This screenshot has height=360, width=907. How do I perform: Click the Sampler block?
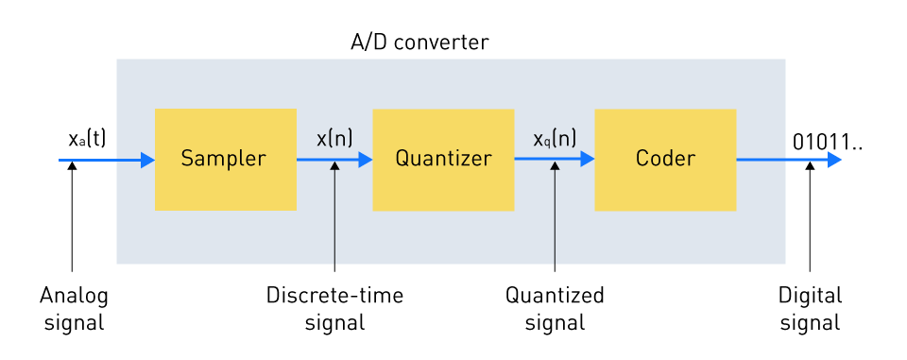[x=225, y=159]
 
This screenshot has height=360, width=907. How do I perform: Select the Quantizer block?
[x=443, y=159]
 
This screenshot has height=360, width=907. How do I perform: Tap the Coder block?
[x=665, y=159]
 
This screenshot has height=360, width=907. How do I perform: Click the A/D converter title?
[x=419, y=43]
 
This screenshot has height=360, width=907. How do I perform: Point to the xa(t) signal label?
[x=87, y=138]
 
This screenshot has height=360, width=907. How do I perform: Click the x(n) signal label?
[x=334, y=138]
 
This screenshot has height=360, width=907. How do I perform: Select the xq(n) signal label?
[x=555, y=138]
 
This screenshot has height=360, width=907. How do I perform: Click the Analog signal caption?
[x=74, y=308]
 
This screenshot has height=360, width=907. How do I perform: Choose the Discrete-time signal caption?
[x=334, y=308]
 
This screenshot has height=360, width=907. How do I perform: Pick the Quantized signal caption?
[x=555, y=308]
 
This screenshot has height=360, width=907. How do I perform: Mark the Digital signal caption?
[x=810, y=308]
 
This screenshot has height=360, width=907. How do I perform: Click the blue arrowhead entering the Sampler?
[x=147, y=160]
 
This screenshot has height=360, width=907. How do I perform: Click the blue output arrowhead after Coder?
[x=834, y=160]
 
